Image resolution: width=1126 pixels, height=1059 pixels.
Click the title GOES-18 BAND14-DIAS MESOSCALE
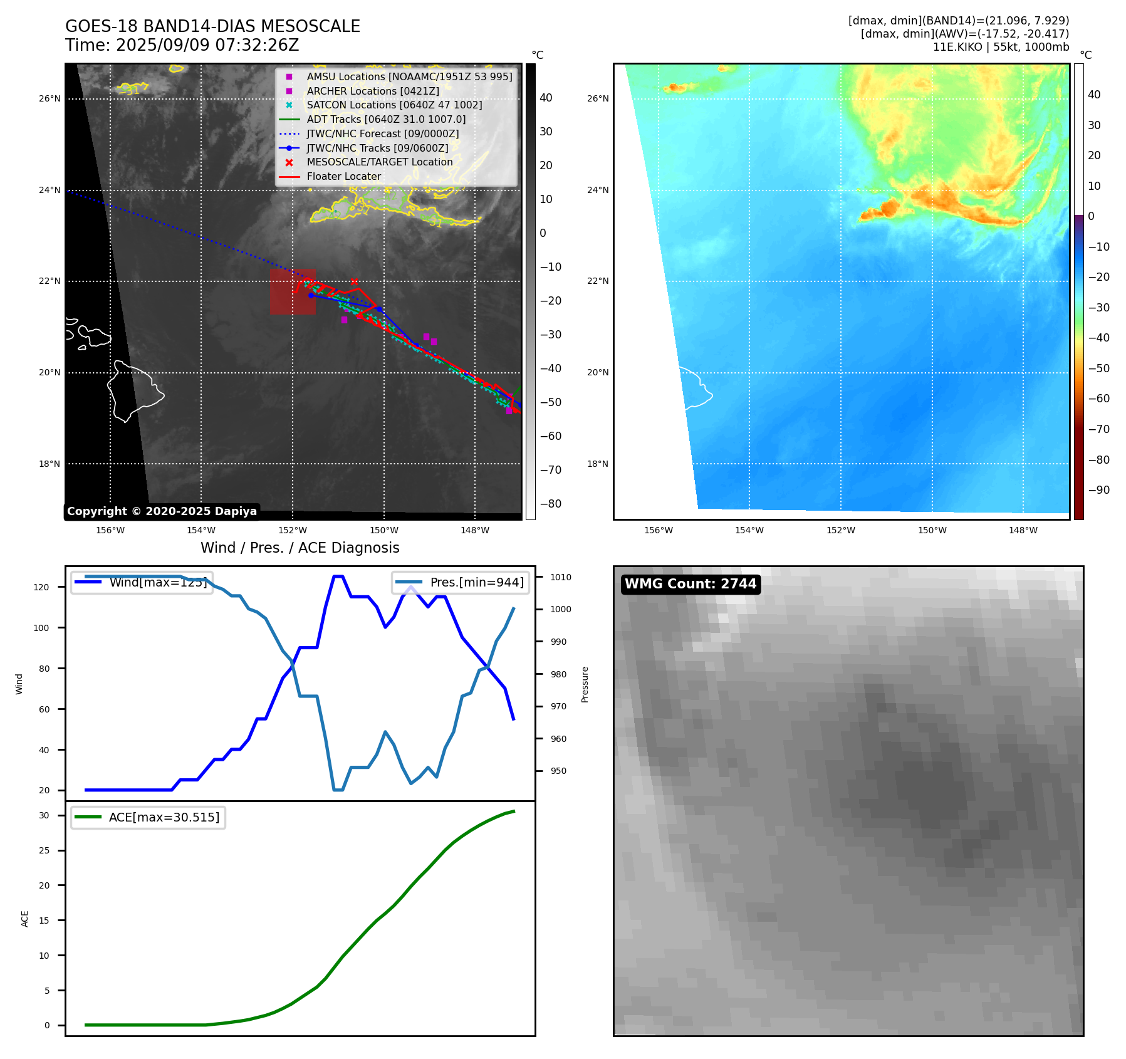pos(212,26)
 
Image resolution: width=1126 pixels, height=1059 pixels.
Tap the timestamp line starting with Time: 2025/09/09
pos(182,45)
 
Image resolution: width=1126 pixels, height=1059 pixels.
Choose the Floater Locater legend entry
pos(343,176)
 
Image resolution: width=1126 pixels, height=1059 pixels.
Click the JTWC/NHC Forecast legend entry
pos(382,133)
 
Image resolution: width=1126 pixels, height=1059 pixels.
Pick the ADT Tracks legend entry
pos(386,119)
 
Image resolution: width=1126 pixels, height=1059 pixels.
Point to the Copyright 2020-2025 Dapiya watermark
pos(162,511)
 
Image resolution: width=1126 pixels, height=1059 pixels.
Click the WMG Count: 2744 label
pos(691,584)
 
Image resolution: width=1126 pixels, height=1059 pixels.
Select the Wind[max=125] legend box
pos(142,582)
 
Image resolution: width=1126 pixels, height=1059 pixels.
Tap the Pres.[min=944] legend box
pos(461,582)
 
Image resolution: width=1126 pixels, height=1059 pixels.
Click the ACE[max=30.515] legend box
pos(149,817)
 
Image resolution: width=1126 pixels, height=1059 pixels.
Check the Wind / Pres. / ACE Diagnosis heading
pos(300,548)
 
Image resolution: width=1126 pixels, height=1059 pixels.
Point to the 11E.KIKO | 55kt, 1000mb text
pos(1001,47)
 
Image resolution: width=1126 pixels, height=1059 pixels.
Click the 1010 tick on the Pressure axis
pos(561,577)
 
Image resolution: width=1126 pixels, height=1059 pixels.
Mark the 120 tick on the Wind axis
pos(41,587)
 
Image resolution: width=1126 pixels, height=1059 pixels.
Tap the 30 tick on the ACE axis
pos(44,815)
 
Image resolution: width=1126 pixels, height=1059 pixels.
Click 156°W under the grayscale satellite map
pos(110,530)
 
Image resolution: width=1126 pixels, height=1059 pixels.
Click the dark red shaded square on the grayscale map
pos(293,291)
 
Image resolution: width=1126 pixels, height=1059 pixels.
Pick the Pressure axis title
pos(585,684)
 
